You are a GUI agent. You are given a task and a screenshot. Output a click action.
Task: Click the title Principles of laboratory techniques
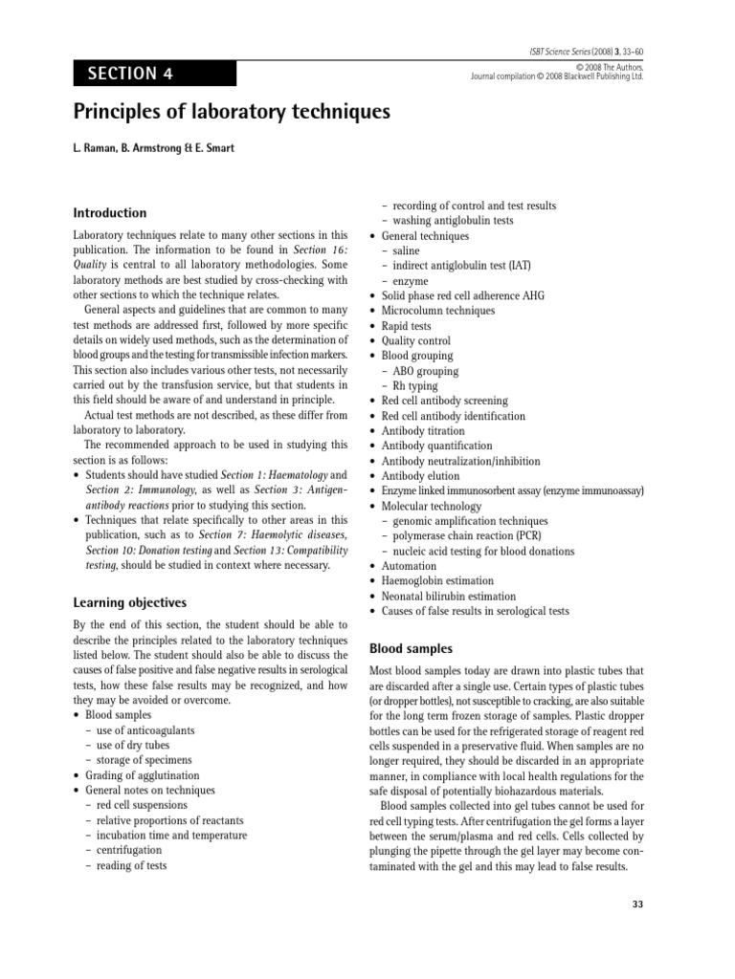tap(233, 113)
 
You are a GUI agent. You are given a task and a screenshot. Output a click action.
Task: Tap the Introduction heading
tap(110, 213)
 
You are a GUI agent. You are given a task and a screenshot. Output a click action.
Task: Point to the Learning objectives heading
tap(130, 602)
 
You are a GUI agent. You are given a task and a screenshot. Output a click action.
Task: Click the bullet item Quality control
tap(416, 341)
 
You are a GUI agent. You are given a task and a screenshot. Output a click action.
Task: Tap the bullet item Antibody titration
tap(425, 431)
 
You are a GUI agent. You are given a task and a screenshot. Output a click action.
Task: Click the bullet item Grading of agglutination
tap(143, 775)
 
